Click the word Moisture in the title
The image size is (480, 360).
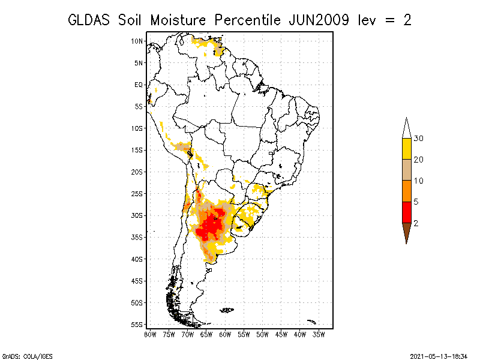click(178, 20)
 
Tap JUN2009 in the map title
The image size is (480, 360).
click(319, 20)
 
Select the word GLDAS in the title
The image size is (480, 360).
click(89, 20)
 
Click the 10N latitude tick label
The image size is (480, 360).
click(137, 41)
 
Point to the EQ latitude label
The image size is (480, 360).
click(139, 85)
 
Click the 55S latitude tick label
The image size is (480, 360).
click(137, 325)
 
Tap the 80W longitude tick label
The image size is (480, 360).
click(150, 335)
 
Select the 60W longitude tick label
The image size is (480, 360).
click(225, 335)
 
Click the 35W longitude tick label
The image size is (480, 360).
click(319, 335)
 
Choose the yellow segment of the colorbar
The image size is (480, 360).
click(407, 149)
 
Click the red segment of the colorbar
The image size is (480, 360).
click(407, 212)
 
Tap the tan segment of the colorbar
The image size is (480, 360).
click(407, 170)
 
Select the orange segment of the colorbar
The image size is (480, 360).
click(407, 191)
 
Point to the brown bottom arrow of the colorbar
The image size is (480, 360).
click(407, 231)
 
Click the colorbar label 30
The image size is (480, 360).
click(418, 139)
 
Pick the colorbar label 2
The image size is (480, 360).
click(416, 223)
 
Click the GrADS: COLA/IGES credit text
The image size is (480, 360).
click(28, 356)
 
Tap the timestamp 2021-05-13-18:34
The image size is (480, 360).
click(439, 356)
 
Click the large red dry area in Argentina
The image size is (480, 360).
click(211, 225)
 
